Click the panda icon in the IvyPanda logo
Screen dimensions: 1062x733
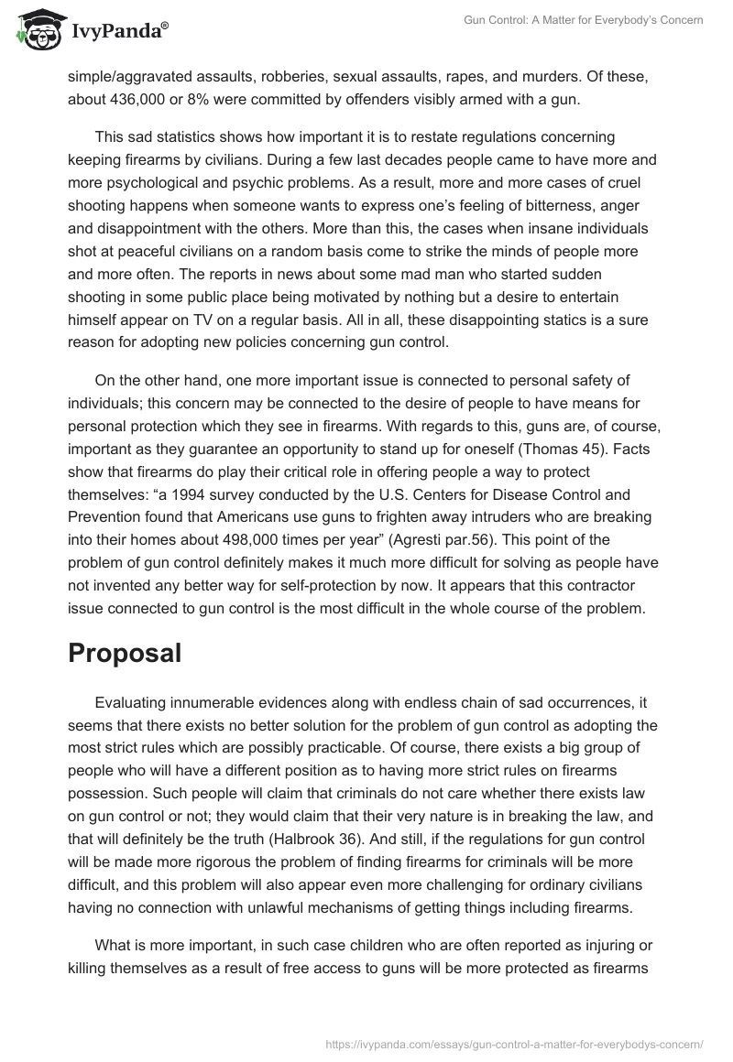click(x=36, y=29)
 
